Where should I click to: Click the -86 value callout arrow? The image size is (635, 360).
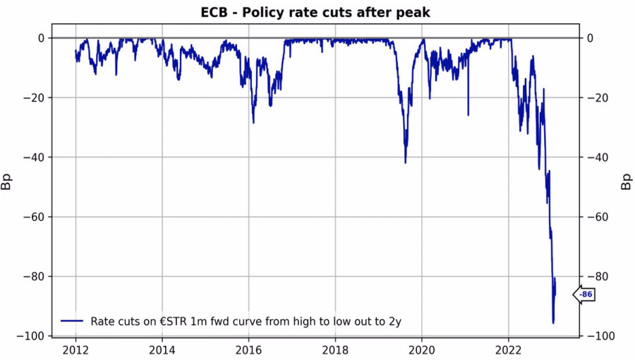click(x=584, y=294)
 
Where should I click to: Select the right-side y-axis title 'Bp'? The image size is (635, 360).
click(x=625, y=184)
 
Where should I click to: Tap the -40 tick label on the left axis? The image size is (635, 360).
click(x=35, y=157)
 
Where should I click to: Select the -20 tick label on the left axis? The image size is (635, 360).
click(x=35, y=97)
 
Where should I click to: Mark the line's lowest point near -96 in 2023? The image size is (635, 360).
click(x=553, y=323)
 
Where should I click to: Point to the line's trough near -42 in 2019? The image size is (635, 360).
click(x=405, y=162)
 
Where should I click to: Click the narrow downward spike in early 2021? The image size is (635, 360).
click(x=468, y=115)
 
